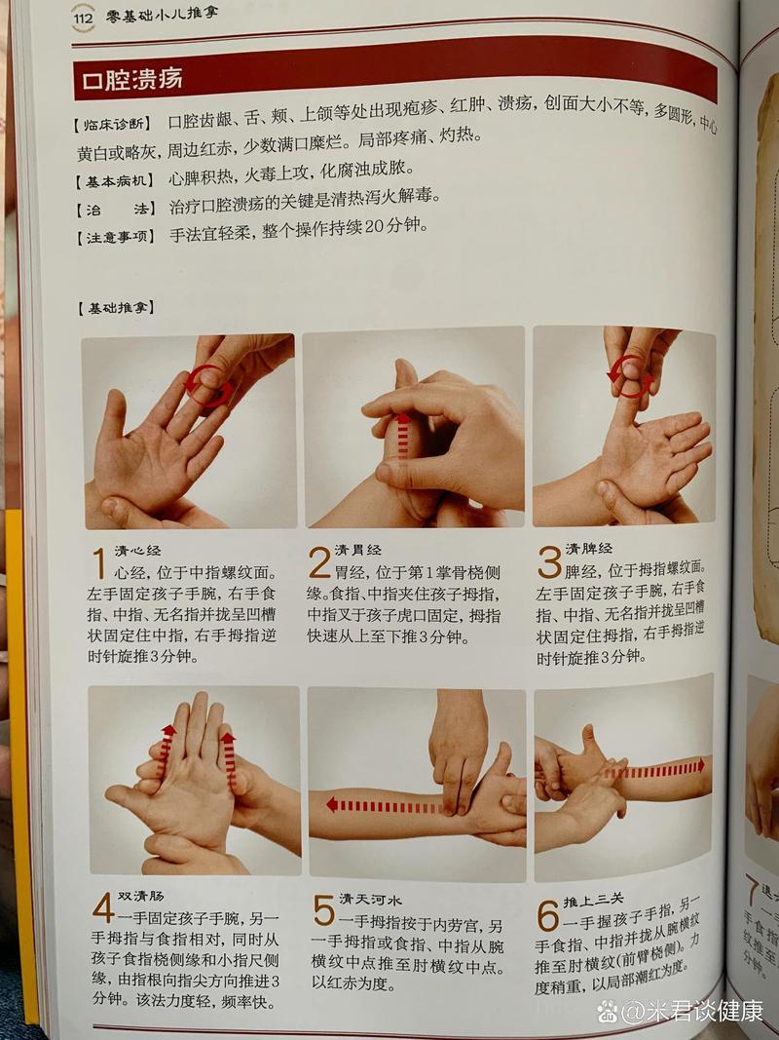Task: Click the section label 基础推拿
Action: click(115, 309)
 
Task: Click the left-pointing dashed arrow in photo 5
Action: click(382, 805)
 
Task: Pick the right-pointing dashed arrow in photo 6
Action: click(654, 768)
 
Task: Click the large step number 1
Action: click(98, 563)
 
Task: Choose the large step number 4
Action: click(103, 908)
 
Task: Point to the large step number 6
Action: click(547, 914)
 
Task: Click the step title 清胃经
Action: click(360, 551)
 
